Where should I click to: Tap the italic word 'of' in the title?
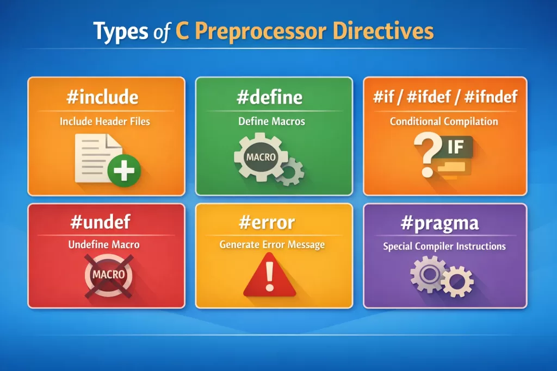click(162, 32)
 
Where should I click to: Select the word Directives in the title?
click(383, 31)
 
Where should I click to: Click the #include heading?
click(102, 97)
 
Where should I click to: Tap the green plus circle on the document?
click(124, 171)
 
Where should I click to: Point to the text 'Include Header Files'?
click(105, 121)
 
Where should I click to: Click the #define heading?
click(270, 97)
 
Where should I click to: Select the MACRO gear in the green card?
click(261, 157)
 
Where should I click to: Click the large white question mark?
click(428, 154)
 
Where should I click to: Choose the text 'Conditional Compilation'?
click(444, 121)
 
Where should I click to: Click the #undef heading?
click(101, 222)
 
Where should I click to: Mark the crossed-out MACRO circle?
click(109, 274)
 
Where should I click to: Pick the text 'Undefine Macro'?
click(104, 244)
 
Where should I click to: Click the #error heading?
click(267, 222)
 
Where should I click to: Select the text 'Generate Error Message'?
click(272, 244)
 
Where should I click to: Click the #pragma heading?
click(440, 223)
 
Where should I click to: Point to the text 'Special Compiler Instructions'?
click(444, 246)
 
